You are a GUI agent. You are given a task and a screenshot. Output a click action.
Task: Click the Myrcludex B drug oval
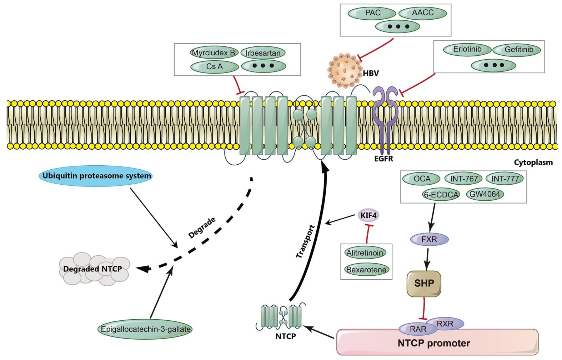(x=214, y=53)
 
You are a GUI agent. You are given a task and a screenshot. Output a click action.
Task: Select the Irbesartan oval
(x=263, y=53)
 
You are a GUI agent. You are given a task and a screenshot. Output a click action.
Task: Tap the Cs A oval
(x=214, y=66)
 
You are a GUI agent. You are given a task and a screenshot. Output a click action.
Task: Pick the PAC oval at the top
(x=372, y=13)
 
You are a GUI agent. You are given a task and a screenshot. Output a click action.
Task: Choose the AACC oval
(x=422, y=13)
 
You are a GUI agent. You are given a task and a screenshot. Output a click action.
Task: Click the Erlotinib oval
(x=467, y=50)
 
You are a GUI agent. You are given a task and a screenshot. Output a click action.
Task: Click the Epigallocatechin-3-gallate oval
(x=145, y=329)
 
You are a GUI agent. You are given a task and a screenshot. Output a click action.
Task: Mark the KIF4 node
(x=368, y=215)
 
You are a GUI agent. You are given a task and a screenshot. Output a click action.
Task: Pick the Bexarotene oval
(x=366, y=270)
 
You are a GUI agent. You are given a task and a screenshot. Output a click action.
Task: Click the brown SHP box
(x=424, y=284)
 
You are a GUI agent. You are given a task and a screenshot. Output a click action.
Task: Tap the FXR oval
(x=429, y=239)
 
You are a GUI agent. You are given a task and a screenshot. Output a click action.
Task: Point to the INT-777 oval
(x=505, y=179)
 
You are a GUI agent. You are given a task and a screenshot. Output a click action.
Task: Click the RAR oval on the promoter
(x=418, y=329)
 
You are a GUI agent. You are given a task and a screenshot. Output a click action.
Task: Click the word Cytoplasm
(x=533, y=162)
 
